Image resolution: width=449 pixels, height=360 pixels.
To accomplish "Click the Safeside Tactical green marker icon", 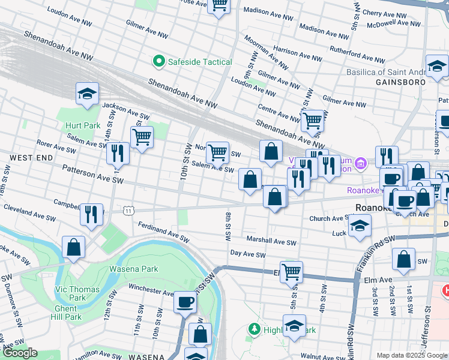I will [x=159, y=61].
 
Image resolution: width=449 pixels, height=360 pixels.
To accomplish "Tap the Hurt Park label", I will [x=83, y=125].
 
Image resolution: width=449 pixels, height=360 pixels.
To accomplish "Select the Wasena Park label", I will [x=133, y=269].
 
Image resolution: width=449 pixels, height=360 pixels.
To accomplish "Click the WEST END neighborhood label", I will [x=25, y=157].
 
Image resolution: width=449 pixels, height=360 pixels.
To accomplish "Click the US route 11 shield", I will [x=128, y=211].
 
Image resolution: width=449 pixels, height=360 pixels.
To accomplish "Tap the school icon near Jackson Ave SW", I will [x=87, y=94].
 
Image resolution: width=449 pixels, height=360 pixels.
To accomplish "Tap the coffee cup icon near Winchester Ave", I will [x=185, y=301].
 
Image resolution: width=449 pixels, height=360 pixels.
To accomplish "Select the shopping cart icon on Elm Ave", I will [x=291, y=271].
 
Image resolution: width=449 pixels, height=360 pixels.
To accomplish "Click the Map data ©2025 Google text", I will [x=411, y=355].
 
